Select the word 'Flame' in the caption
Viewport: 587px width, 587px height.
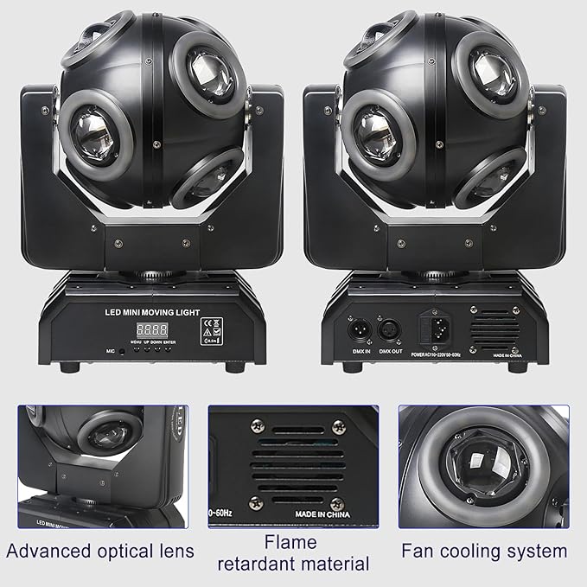point(291,543)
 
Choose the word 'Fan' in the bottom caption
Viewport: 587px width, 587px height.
point(417,551)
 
